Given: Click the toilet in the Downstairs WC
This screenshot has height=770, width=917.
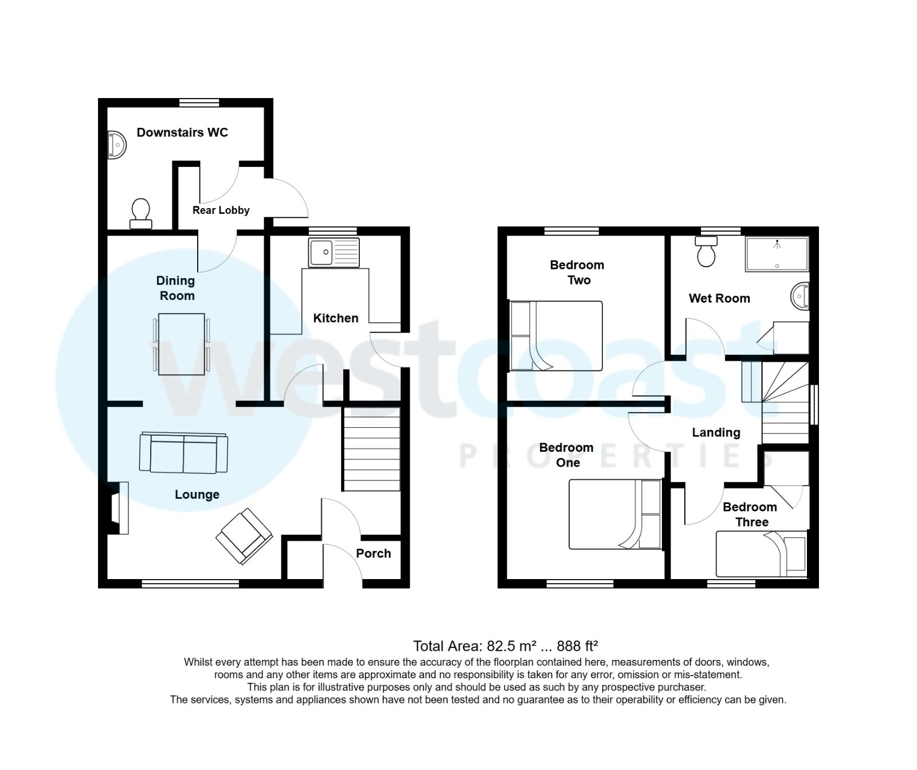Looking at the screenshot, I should [x=141, y=213].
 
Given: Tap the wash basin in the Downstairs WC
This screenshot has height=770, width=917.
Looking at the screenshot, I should [x=117, y=145].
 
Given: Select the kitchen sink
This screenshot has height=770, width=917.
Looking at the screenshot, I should [x=334, y=252].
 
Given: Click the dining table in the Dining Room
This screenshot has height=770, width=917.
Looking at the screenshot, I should [x=181, y=344].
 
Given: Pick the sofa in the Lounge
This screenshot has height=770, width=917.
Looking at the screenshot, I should [x=183, y=454].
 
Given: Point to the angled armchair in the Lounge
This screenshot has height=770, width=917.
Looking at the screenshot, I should [x=244, y=536].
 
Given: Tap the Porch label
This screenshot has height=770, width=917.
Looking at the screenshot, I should [x=373, y=553].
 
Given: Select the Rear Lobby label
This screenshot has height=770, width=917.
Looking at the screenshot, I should [x=221, y=210].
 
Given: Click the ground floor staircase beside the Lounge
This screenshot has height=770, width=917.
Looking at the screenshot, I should [x=371, y=449].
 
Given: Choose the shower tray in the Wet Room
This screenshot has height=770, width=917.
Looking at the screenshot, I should [x=777, y=254].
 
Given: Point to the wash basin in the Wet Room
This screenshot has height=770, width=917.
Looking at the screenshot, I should [x=800, y=296].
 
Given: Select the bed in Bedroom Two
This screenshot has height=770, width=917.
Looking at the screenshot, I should [x=556, y=336].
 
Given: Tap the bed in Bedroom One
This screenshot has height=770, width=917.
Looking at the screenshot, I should [x=615, y=514].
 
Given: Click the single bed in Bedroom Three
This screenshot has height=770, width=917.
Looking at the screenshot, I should [x=762, y=554].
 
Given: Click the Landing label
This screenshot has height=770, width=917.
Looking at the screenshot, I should [x=716, y=432].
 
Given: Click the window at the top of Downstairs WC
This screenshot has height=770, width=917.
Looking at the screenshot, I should [x=199, y=103].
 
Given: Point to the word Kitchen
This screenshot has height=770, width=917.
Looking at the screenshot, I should [x=335, y=318].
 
